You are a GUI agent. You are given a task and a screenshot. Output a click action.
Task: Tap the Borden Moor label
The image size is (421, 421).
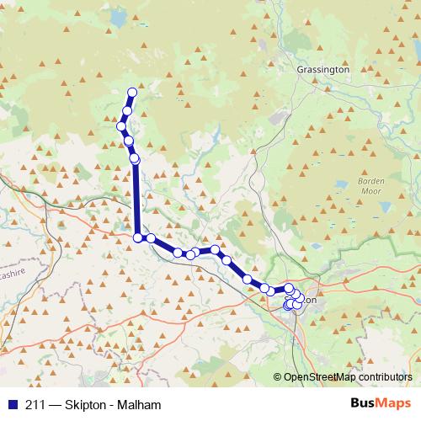[371, 185]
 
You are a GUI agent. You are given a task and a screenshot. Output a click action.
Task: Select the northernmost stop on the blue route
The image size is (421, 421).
[131, 93]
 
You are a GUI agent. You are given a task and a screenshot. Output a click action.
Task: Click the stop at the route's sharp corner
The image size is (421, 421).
[138, 238]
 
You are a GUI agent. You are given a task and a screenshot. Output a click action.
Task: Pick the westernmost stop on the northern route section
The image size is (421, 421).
[121, 126]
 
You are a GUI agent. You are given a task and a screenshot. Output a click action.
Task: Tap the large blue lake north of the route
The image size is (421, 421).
[118, 17]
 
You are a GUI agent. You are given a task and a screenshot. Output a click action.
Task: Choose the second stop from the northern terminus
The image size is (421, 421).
[127, 110]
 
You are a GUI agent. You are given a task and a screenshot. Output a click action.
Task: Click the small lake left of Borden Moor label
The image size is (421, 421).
[341, 183]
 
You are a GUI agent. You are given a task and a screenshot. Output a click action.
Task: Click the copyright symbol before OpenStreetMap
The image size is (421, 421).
[277, 378]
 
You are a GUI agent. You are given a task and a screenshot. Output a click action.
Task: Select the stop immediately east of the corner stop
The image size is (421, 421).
[151, 238]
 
